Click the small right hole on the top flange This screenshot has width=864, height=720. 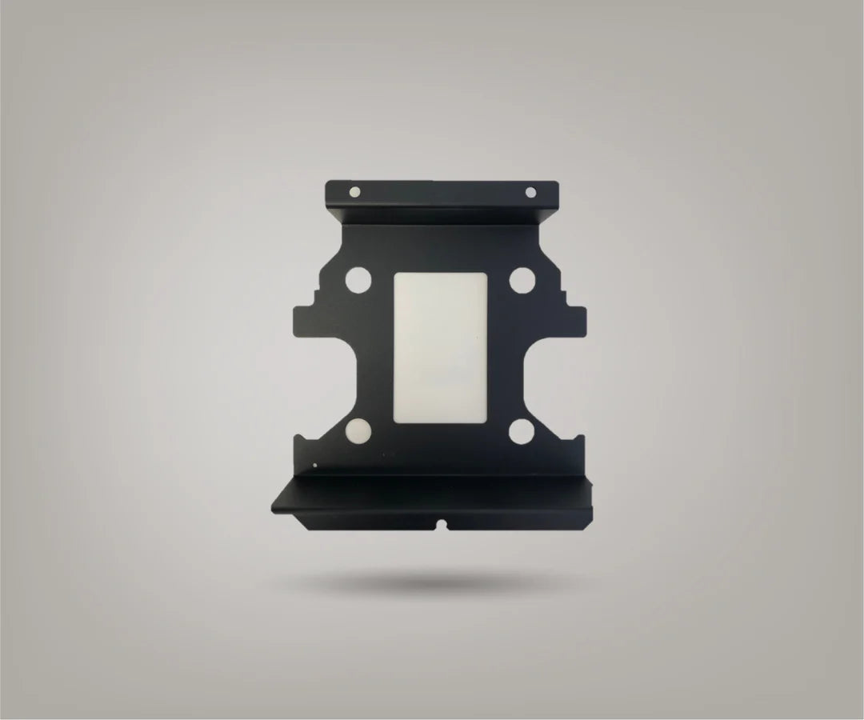pos(529,191)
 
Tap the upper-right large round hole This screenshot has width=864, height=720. pos(522,281)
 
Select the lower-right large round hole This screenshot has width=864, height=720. pos(522,431)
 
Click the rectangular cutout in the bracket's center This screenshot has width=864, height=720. pos(442,348)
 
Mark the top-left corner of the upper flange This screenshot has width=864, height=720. pos(327,183)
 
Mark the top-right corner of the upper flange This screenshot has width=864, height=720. pos(558,183)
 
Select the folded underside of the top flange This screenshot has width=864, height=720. pos(444,216)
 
